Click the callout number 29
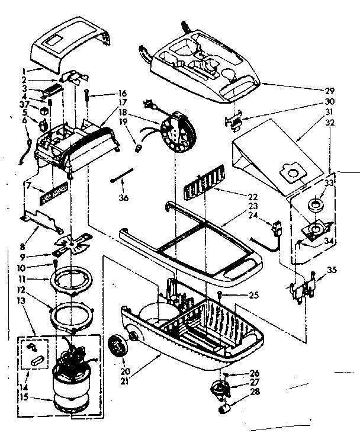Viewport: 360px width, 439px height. (x=330, y=91)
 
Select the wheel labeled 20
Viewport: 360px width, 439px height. (x=120, y=344)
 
